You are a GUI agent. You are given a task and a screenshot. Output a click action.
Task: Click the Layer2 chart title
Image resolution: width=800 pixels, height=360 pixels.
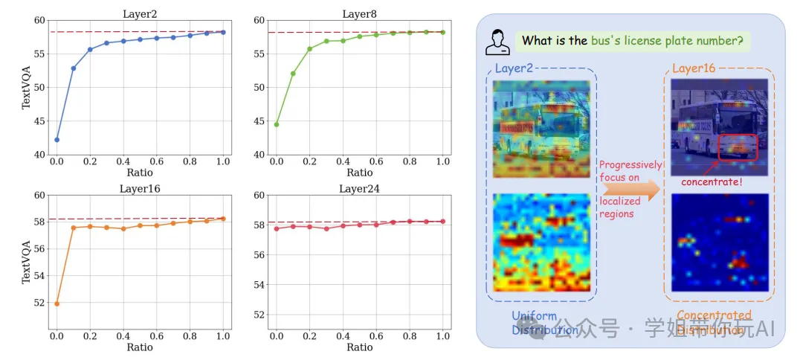139,14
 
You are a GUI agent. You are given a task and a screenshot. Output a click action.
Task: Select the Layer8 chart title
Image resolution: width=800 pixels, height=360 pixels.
359,14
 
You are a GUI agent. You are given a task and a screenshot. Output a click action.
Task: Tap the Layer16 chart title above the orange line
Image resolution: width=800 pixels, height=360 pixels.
140,188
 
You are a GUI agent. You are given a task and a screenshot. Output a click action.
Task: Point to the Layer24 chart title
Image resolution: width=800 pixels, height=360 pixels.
359,188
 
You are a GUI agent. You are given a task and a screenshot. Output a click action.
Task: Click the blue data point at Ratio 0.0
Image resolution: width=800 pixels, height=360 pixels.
57,140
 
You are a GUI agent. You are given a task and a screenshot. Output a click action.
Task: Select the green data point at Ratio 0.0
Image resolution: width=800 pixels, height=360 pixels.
277,124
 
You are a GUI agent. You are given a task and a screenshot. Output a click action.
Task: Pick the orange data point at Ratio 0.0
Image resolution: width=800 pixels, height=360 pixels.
57,303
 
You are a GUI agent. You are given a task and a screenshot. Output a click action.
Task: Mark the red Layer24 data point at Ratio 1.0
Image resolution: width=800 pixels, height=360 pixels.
443,221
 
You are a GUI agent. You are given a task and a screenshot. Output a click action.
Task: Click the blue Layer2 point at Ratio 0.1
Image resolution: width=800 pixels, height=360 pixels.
74,68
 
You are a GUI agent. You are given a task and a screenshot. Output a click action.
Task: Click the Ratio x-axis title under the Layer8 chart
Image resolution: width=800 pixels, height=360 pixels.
359,173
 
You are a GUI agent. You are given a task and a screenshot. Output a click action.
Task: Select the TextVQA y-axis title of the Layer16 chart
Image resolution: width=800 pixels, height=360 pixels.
27,262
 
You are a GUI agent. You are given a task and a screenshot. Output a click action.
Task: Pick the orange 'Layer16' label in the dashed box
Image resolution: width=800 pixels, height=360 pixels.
693,69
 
